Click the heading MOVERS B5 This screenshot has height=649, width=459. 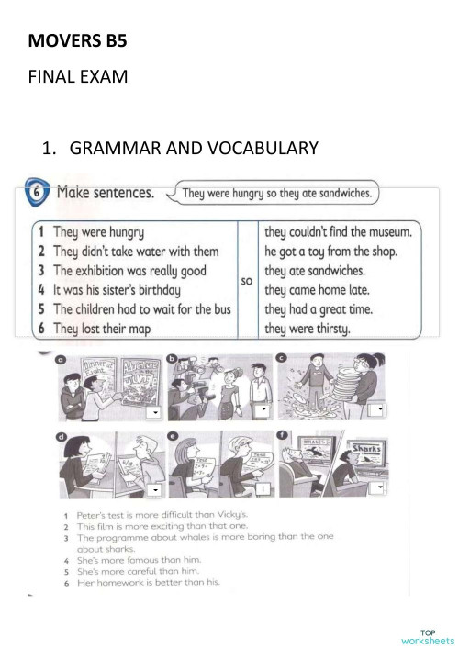(x=75, y=40)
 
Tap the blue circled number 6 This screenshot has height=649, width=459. (x=34, y=193)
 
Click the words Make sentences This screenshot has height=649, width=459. (x=106, y=193)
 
